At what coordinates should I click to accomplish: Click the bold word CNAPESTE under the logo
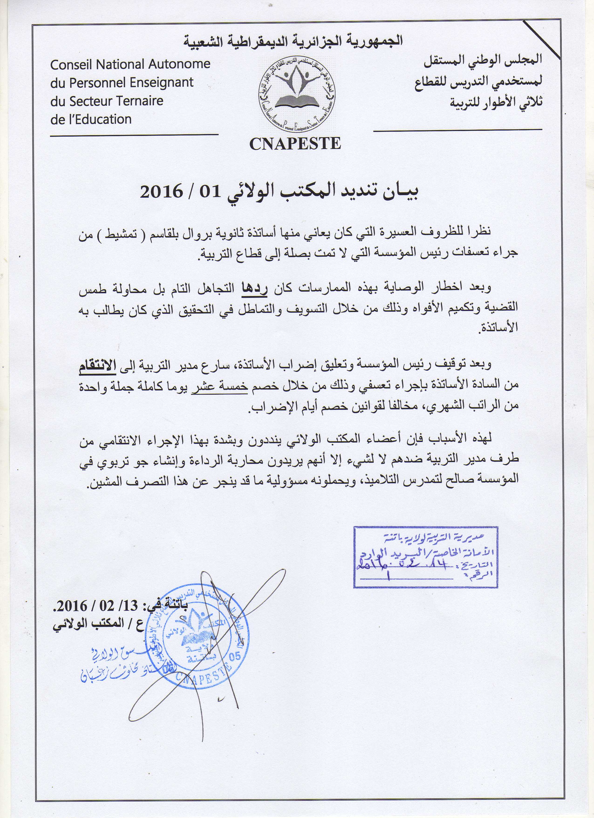(295, 144)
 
